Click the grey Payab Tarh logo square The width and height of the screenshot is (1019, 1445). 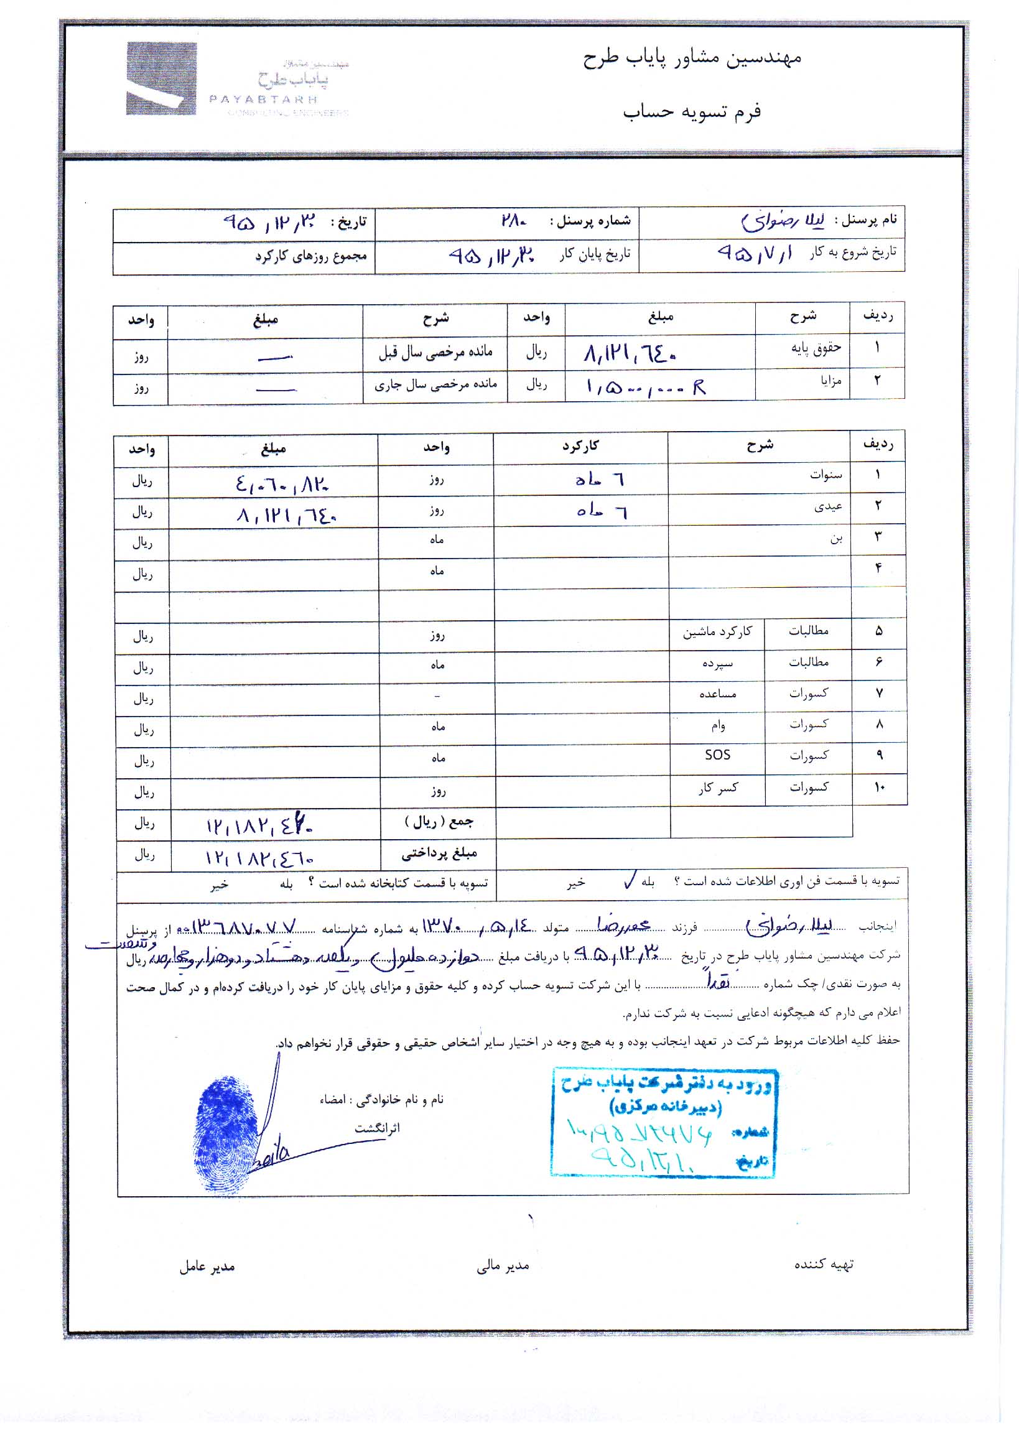point(161,78)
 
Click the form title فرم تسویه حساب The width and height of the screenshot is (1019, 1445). point(692,112)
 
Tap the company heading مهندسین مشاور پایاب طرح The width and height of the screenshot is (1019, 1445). point(692,58)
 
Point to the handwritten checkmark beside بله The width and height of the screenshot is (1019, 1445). point(630,880)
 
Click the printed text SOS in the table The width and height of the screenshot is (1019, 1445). point(717,755)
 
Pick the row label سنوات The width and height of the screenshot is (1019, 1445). point(826,475)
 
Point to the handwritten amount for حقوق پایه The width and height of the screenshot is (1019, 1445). point(630,355)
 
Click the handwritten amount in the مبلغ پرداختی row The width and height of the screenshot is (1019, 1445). point(259,858)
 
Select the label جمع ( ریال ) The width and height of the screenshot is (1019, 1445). point(439,822)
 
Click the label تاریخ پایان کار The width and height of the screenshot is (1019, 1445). point(595,254)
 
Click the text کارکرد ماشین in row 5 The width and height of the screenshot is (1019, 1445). point(717,631)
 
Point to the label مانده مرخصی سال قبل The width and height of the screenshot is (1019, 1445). point(435,353)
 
